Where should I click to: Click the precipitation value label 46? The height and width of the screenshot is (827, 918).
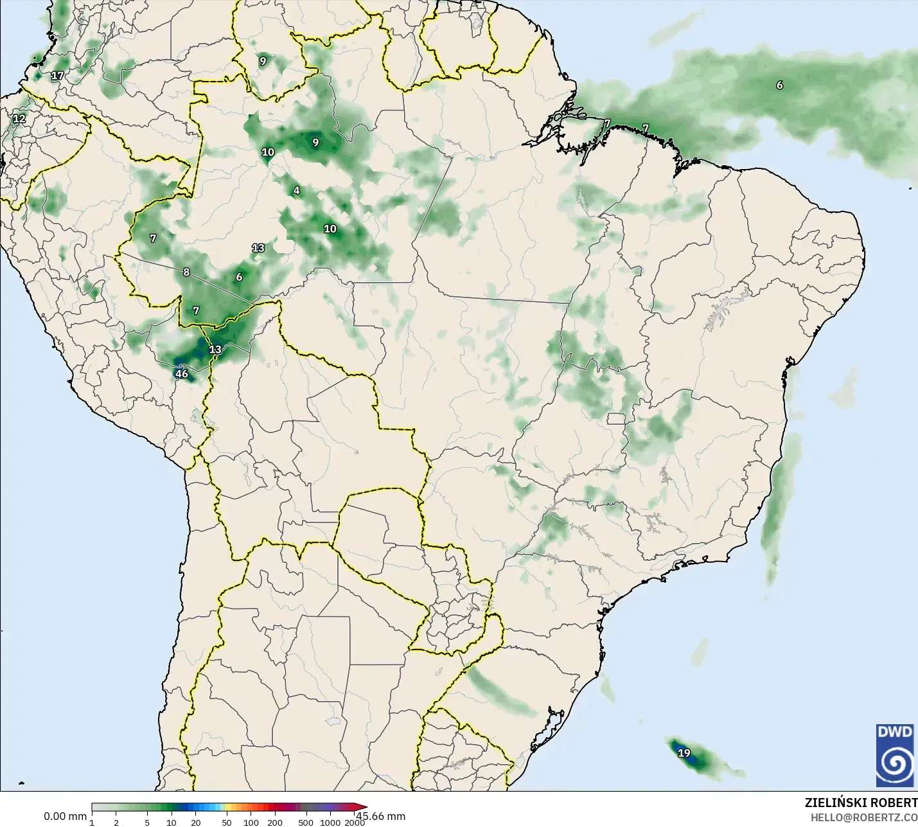[x=182, y=374]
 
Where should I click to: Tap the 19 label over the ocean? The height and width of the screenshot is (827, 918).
[x=684, y=753]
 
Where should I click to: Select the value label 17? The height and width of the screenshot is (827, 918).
[x=57, y=75]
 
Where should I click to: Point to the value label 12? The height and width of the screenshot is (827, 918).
[x=19, y=118]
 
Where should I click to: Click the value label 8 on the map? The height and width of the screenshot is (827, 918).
[x=186, y=272]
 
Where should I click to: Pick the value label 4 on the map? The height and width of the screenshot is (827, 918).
[x=296, y=190]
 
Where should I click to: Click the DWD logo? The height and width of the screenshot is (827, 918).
[x=894, y=755]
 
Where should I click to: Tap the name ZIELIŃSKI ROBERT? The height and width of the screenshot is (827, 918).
[x=861, y=803]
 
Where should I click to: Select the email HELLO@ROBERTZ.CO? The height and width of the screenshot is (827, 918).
[x=863, y=817]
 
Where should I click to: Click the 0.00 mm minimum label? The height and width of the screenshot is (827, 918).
[x=65, y=816]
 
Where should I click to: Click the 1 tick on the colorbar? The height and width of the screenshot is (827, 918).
[x=92, y=823]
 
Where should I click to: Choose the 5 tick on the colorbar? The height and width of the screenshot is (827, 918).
[x=147, y=823]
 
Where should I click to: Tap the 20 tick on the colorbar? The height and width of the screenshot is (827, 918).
[x=196, y=823]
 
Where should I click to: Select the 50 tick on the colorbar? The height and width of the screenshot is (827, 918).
[x=227, y=823]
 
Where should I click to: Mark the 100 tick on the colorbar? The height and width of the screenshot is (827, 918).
[x=251, y=823]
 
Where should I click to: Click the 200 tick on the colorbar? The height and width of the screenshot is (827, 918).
[x=275, y=823]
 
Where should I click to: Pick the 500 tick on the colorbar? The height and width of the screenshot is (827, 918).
[x=306, y=823]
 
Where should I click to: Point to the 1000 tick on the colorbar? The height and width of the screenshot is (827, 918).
[x=330, y=823]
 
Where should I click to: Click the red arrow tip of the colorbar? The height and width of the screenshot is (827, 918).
[x=364, y=807]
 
